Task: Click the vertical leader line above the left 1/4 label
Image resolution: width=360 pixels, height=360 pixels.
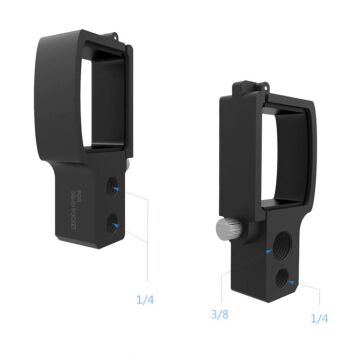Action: pos(148,250)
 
